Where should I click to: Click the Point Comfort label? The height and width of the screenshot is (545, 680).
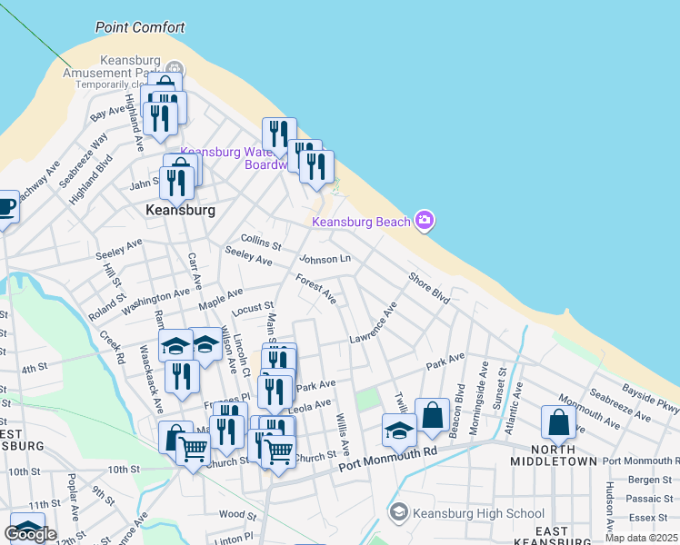[x=140, y=27]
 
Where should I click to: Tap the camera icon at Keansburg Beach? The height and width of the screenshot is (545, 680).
[x=424, y=220]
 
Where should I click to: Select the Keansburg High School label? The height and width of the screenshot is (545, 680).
[x=478, y=513]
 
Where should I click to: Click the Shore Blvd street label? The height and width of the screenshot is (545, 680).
[x=429, y=289]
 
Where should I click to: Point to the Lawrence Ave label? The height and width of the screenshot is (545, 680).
[x=374, y=323]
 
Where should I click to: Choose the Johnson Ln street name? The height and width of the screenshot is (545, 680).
[x=325, y=259]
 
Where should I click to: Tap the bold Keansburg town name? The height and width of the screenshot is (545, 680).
[x=180, y=210]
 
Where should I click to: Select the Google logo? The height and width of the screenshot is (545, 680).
[x=30, y=534]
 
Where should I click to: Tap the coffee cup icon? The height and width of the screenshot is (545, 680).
[x=5, y=207]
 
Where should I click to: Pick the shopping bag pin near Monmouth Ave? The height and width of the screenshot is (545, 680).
[x=558, y=421]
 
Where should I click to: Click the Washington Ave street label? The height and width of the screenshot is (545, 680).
[x=155, y=297]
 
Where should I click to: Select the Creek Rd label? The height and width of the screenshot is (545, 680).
[x=113, y=348]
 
